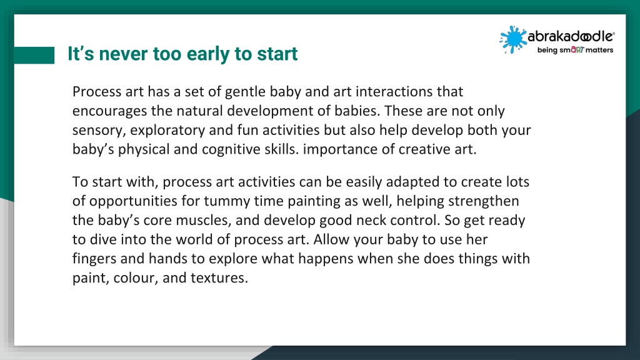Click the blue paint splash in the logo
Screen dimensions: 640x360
point(512,39)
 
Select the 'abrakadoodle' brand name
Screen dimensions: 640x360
point(571,37)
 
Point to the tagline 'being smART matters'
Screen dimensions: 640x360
point(575,50)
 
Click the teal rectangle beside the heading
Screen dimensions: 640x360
point(34,55)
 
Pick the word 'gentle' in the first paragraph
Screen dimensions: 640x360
point(245,92)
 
